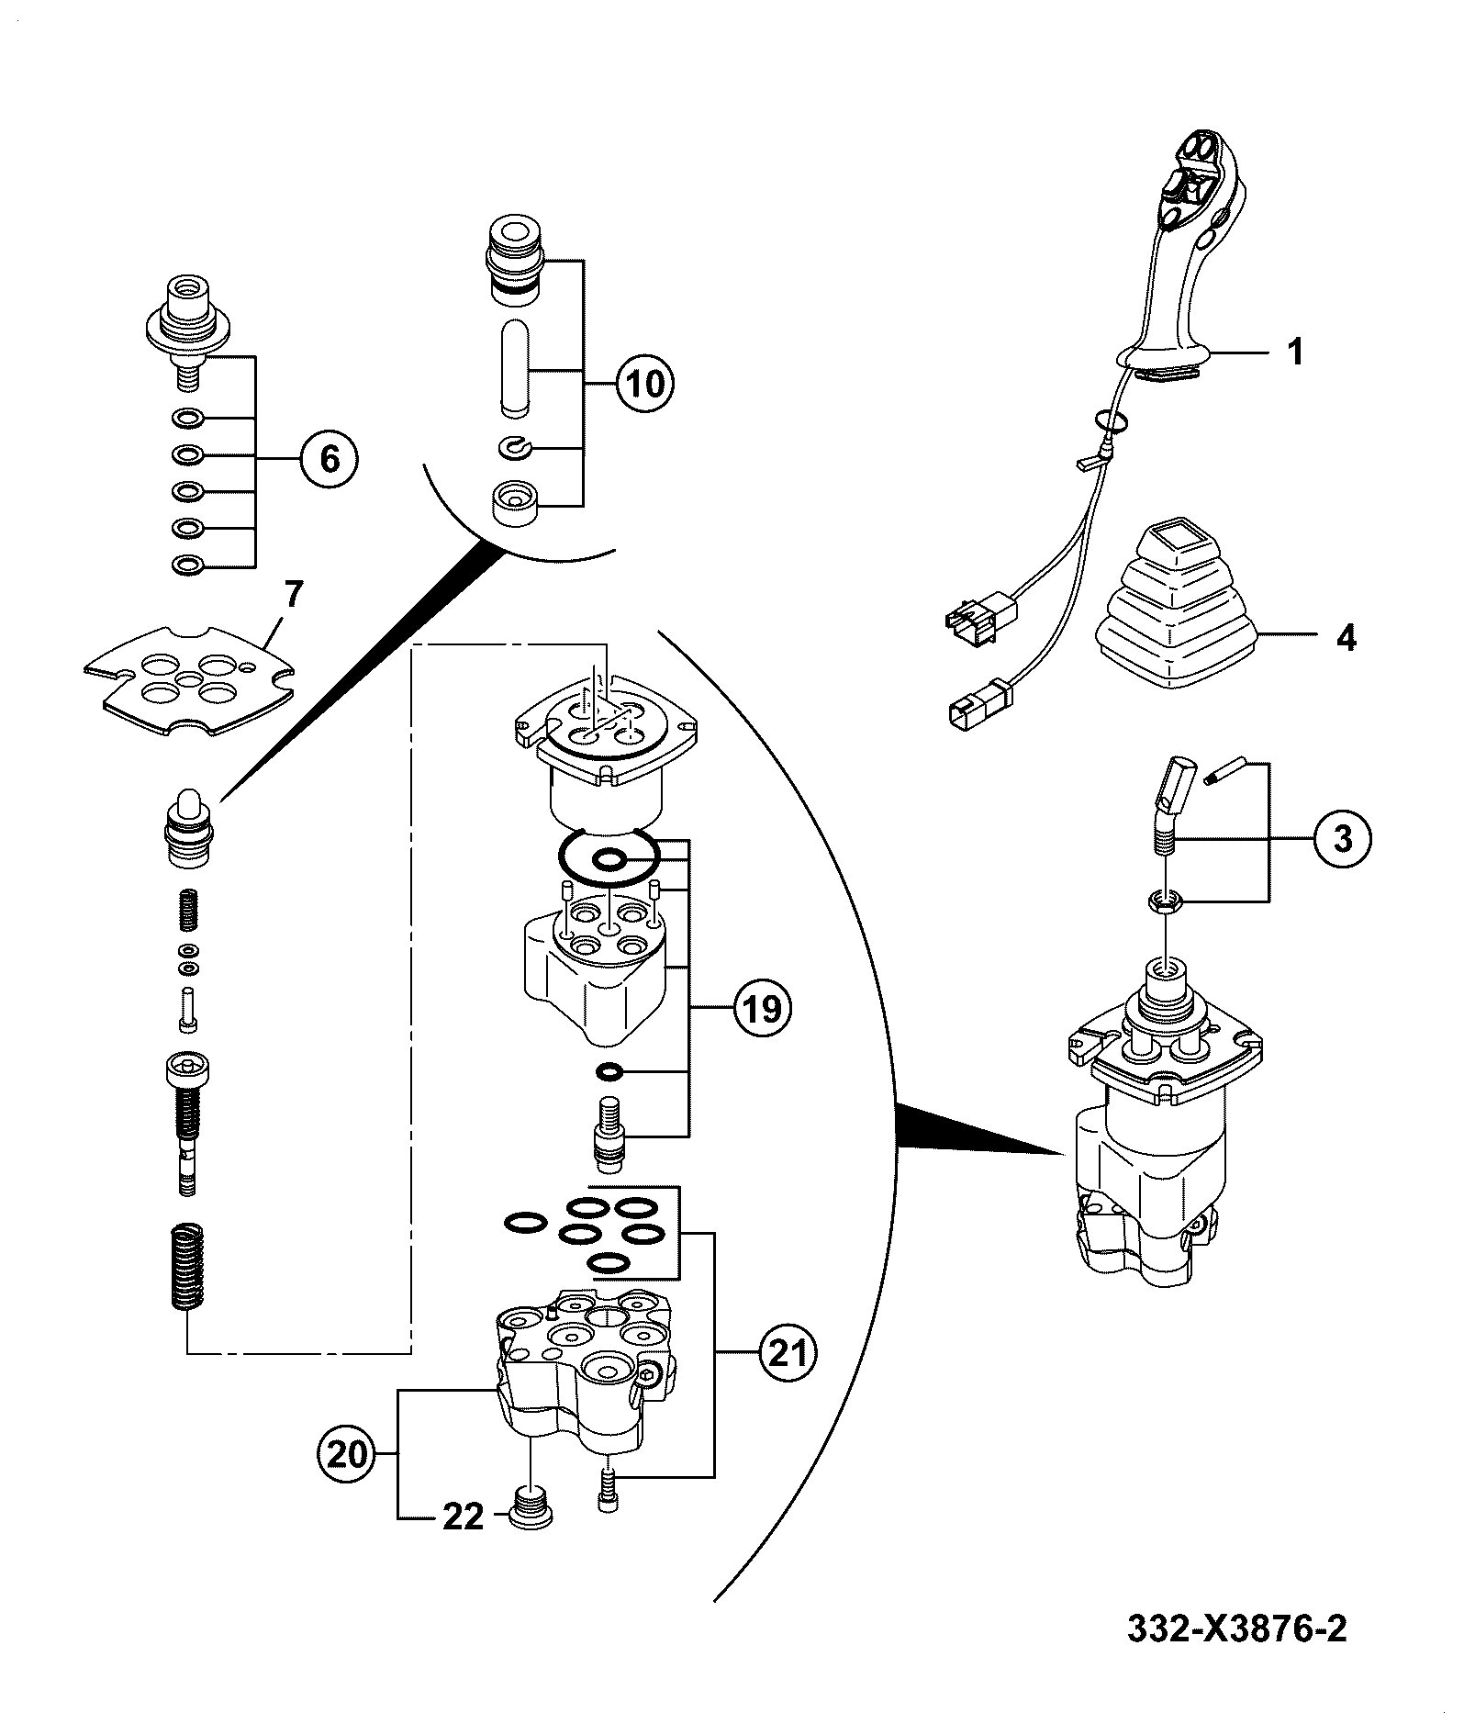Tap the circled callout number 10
[x=644, y=382]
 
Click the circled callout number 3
[x=1342, y=839]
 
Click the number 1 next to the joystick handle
[x=1295, y=353]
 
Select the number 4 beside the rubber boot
[x=1346, y=637]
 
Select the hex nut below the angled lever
[x=1165, y=903]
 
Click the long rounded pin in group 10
[x=514, y=365]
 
